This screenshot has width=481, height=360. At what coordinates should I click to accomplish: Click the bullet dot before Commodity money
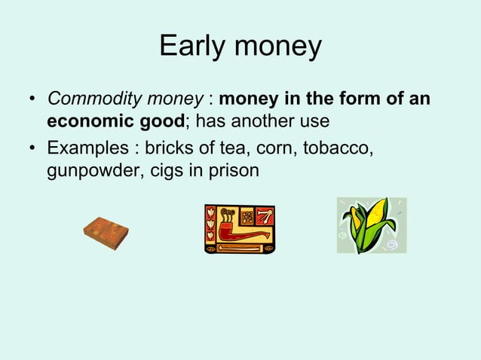tap(32, 100)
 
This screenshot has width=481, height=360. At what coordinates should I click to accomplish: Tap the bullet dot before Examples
tap(32, 149)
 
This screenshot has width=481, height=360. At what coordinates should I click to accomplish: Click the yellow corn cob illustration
tap(370, 224)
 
